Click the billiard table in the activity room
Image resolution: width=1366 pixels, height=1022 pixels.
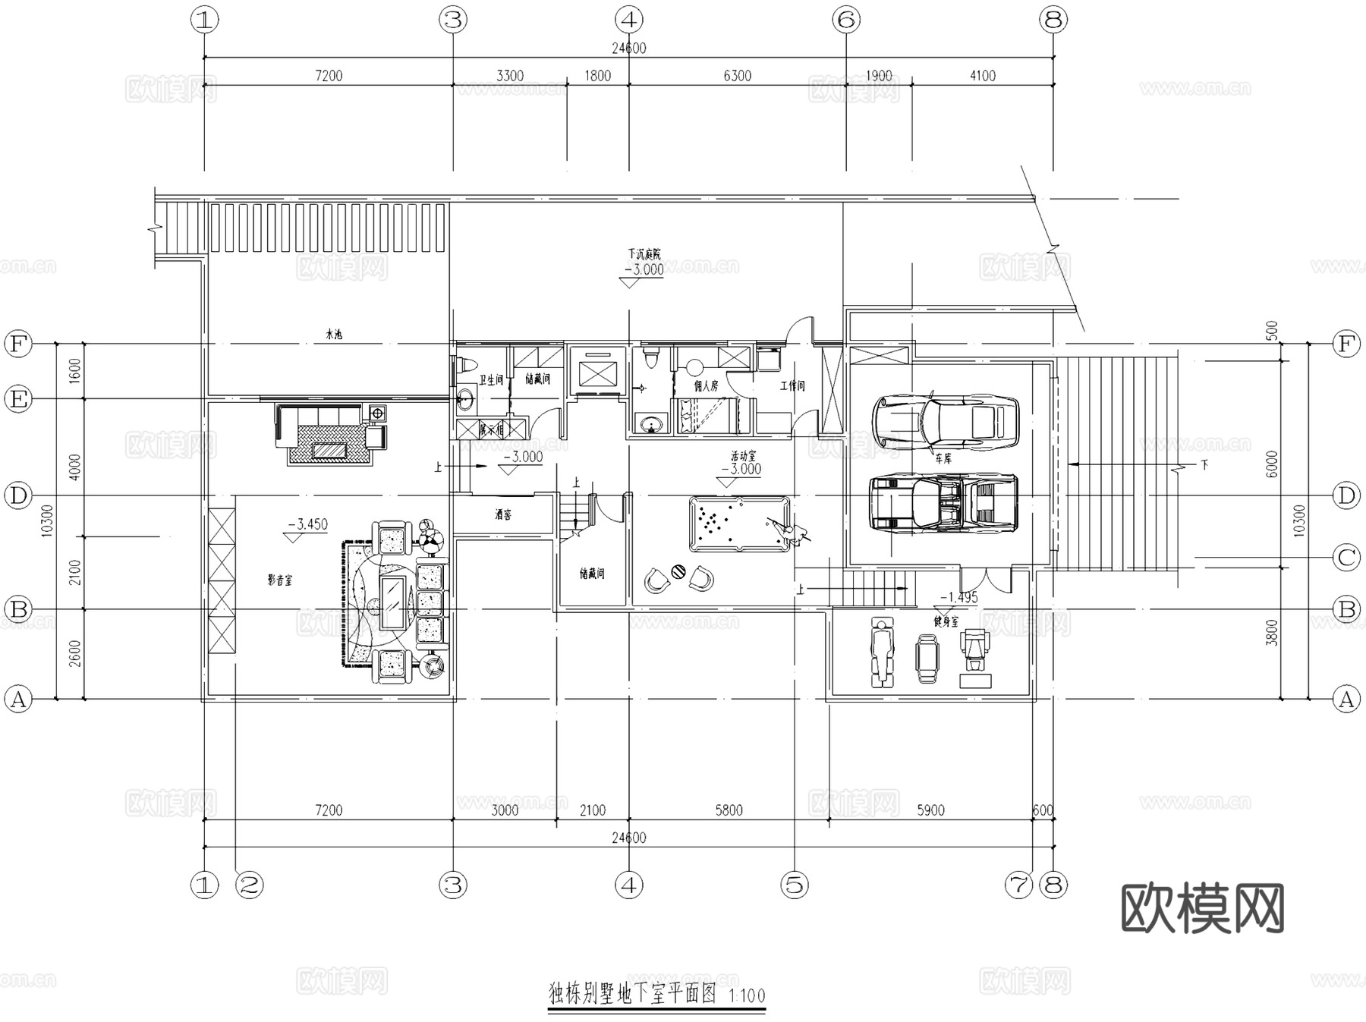[x=739, y=524]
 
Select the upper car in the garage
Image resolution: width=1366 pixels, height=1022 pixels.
[x=946, y=421]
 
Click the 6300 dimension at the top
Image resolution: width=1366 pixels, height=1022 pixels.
[x=737, y=76]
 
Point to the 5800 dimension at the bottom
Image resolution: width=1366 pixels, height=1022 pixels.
[x=729, y=810]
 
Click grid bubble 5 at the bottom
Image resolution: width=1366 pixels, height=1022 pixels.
[x=795, y=885]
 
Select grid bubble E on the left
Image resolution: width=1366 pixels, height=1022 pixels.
[x=18, y=399]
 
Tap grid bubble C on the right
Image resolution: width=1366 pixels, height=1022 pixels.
[x=1346, y=558]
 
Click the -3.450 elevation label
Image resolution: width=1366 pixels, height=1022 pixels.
[x=307, y=524]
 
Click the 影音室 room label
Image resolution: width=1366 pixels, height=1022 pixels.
[x=279, y=580]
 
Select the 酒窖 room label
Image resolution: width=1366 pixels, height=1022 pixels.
[x=502, y=515]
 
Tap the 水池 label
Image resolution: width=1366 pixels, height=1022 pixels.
[x=334, y=334]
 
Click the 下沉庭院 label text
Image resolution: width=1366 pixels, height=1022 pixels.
[x=644, y=254]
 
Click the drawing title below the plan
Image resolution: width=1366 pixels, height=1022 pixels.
[x=632, y=994]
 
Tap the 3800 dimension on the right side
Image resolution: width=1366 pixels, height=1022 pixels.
[x=1273, y=633]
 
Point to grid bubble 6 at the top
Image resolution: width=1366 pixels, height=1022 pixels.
[x=846, y=20]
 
